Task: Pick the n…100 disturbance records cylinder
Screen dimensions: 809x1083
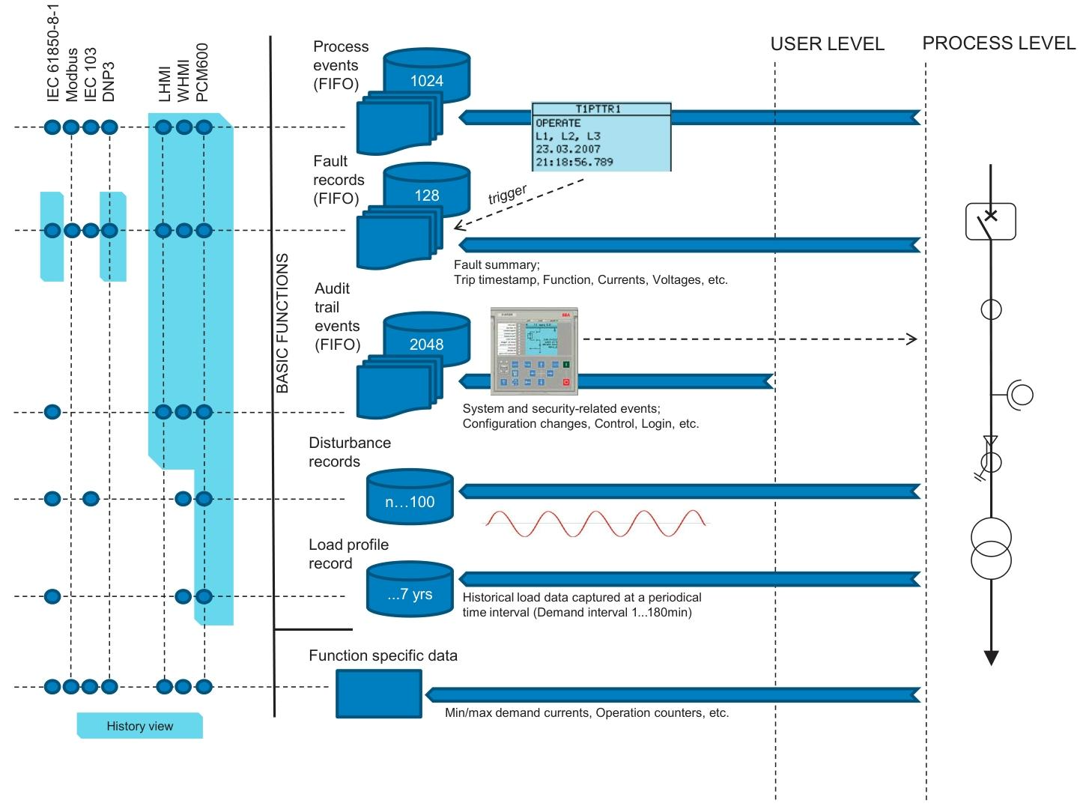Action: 410,498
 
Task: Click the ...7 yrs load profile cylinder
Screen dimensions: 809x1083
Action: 410,592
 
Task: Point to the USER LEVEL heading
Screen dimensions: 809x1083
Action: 827,44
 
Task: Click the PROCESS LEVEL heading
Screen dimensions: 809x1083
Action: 998,43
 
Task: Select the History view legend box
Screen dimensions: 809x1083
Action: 140,726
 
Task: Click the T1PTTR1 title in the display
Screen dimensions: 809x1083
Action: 601,109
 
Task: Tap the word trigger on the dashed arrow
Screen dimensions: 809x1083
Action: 507,194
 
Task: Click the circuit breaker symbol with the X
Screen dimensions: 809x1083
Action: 990,220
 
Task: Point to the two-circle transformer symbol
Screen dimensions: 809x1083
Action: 991,548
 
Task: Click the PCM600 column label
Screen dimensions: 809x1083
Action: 201,71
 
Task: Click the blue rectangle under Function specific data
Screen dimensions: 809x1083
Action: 378,694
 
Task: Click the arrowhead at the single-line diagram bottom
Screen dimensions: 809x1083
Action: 991,658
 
